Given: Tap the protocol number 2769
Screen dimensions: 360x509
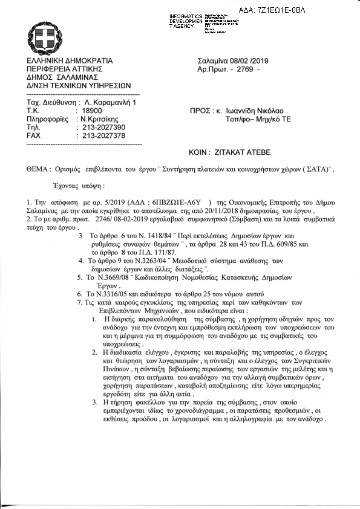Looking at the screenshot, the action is click(x=247, y=70).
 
